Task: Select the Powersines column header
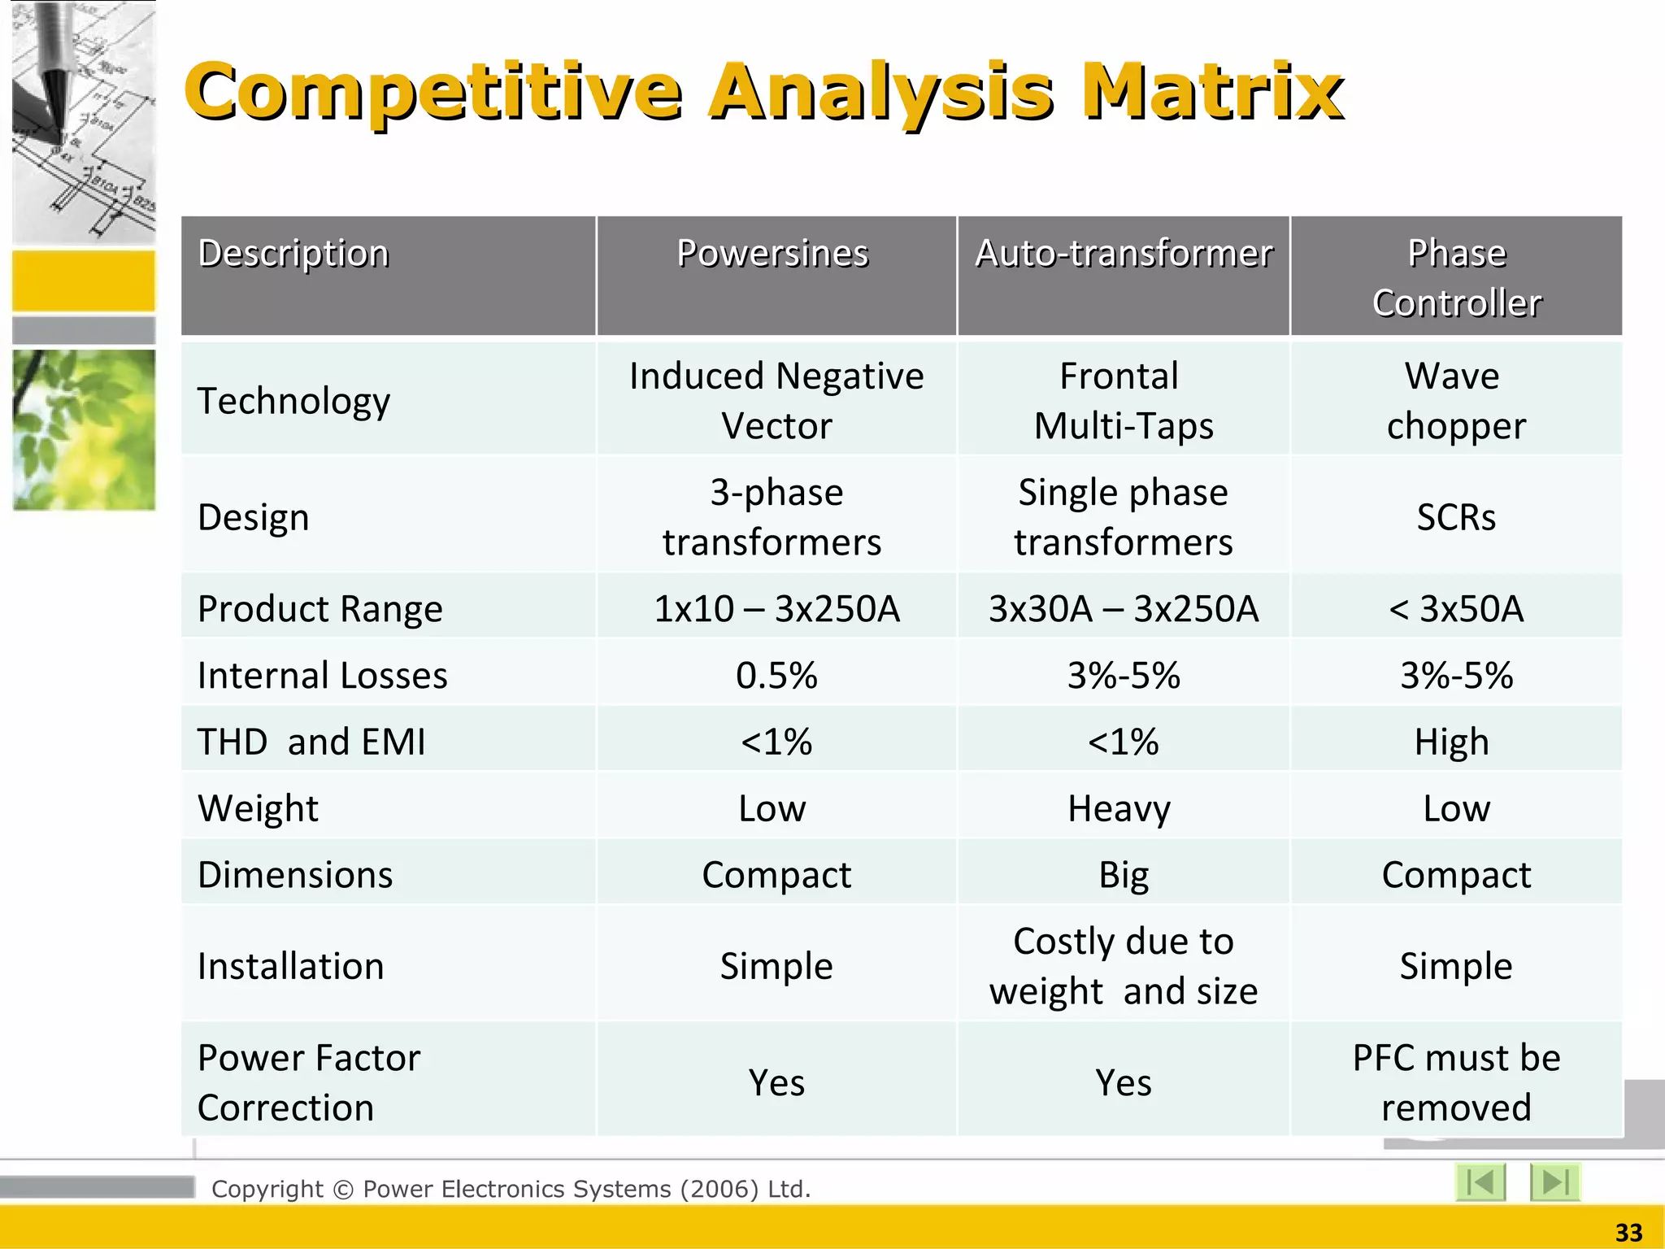(x=773, y=254)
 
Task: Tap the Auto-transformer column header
(x=1124, y=254)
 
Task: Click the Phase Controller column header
(x=1456, y=277)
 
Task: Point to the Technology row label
(x=293, y=401)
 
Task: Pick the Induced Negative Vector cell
(x=776, y=401)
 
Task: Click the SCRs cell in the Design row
(x=1456, y=517)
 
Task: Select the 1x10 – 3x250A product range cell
(x=776, y=609)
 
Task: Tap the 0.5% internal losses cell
(x=776, y=676)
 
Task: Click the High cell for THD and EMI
(x=1452, y=742)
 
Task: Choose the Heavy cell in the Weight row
(x=1119, y=809)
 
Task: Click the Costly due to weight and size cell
(x=1124, y=967)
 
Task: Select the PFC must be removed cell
(x=1456, y=1083)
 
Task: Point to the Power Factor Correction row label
(x=309, y=1083)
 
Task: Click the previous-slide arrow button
(x=1480, y=1182)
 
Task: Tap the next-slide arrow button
(x=1554, y=1182)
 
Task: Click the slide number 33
(x=1628, y=1233)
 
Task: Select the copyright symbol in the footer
(x=343, y=1190)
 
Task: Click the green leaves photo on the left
(x=84, y=430)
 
